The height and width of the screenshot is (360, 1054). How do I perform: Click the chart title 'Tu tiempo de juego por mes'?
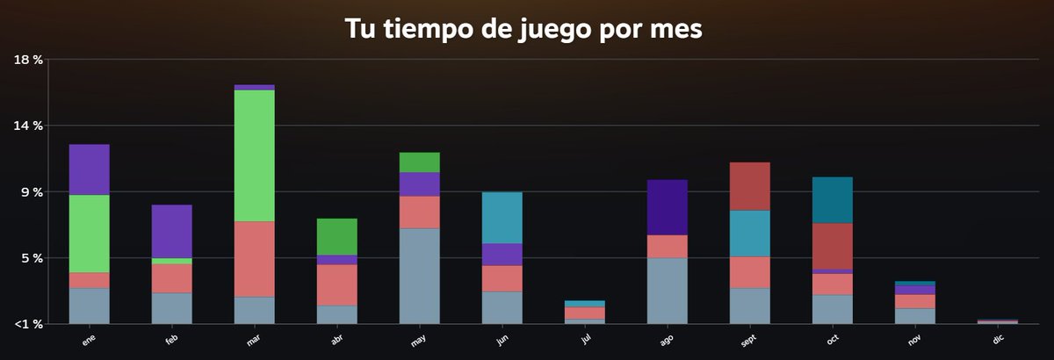tap(523, 28)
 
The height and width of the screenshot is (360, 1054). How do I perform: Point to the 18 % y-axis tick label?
tap(29, 60)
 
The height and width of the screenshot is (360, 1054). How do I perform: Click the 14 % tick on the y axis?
tap(29, 126)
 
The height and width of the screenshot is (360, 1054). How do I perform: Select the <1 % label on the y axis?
tap(29, 324)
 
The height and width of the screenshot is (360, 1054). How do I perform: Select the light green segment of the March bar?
tap(254, 155)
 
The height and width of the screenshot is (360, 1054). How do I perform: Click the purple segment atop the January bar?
tap(89, 169)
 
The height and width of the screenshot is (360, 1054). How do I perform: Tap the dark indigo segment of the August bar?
tap(667, 207)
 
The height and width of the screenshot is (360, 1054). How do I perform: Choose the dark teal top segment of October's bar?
tap(832, 200)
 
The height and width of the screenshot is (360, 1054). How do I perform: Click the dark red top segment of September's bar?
tap(749, 186)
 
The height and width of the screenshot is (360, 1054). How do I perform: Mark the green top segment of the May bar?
tap(419, 162)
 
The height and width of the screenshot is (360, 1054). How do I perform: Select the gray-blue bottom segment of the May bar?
tap(419, 276)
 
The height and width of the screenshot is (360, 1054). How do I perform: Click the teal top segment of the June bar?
tap(502, 218)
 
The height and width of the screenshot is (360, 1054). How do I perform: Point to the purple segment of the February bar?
tap(171, 231)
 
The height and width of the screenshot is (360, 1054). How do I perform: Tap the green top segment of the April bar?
tap(336, 237)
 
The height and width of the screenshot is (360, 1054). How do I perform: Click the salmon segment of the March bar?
tap(254, 259)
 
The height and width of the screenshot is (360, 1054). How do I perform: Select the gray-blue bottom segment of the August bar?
tap(667, 291)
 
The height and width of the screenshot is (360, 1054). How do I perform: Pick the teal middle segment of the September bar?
tap(749, 234)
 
